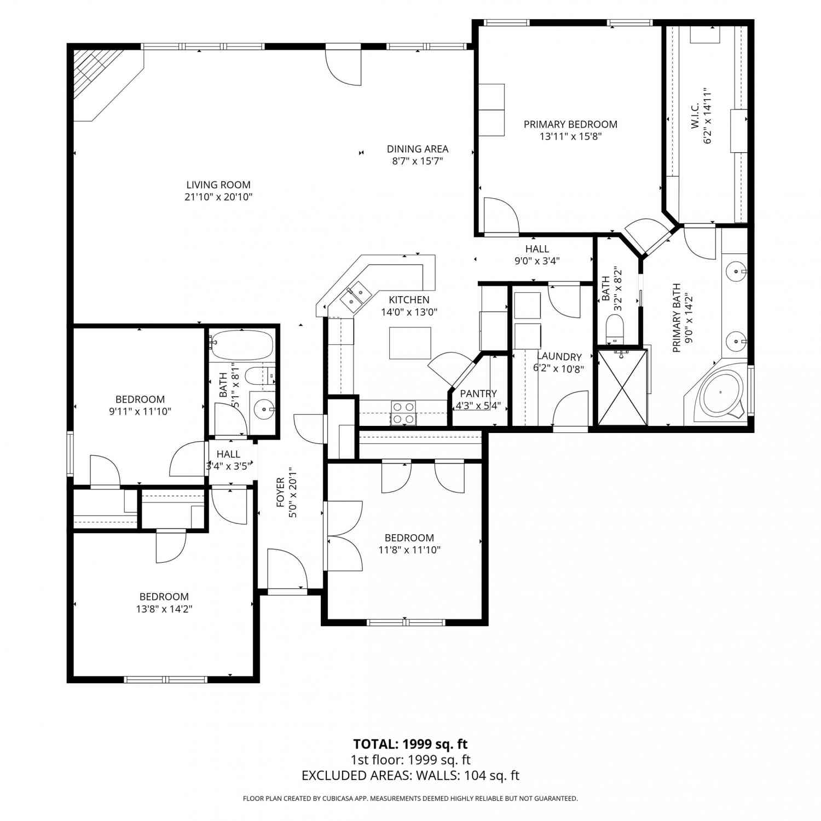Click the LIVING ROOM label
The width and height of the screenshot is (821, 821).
[218, 185]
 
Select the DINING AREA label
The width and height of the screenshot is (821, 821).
[417, 149]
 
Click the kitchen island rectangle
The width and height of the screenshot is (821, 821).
[410, 343]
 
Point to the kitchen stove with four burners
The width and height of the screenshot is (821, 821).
[403, 413]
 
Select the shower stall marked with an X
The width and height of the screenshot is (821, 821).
[622, 387]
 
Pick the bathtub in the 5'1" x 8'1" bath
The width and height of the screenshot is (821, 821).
[241, 345]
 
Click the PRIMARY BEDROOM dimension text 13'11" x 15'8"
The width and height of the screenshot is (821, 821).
[570, 136]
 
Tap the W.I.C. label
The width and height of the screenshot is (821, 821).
[695, 116]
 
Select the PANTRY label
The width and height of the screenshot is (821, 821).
[478, 394]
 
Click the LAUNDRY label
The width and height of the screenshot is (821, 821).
[559, 357]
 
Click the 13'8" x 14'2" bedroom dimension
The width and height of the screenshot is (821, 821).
[164, 609]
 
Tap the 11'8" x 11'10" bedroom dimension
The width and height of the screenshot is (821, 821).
[409, 550]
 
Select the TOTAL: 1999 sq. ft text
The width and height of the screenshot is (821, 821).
[410, 744]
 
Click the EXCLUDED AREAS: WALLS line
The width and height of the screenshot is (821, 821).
[410, 775]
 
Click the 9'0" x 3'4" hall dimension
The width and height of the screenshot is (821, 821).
[537, 261]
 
